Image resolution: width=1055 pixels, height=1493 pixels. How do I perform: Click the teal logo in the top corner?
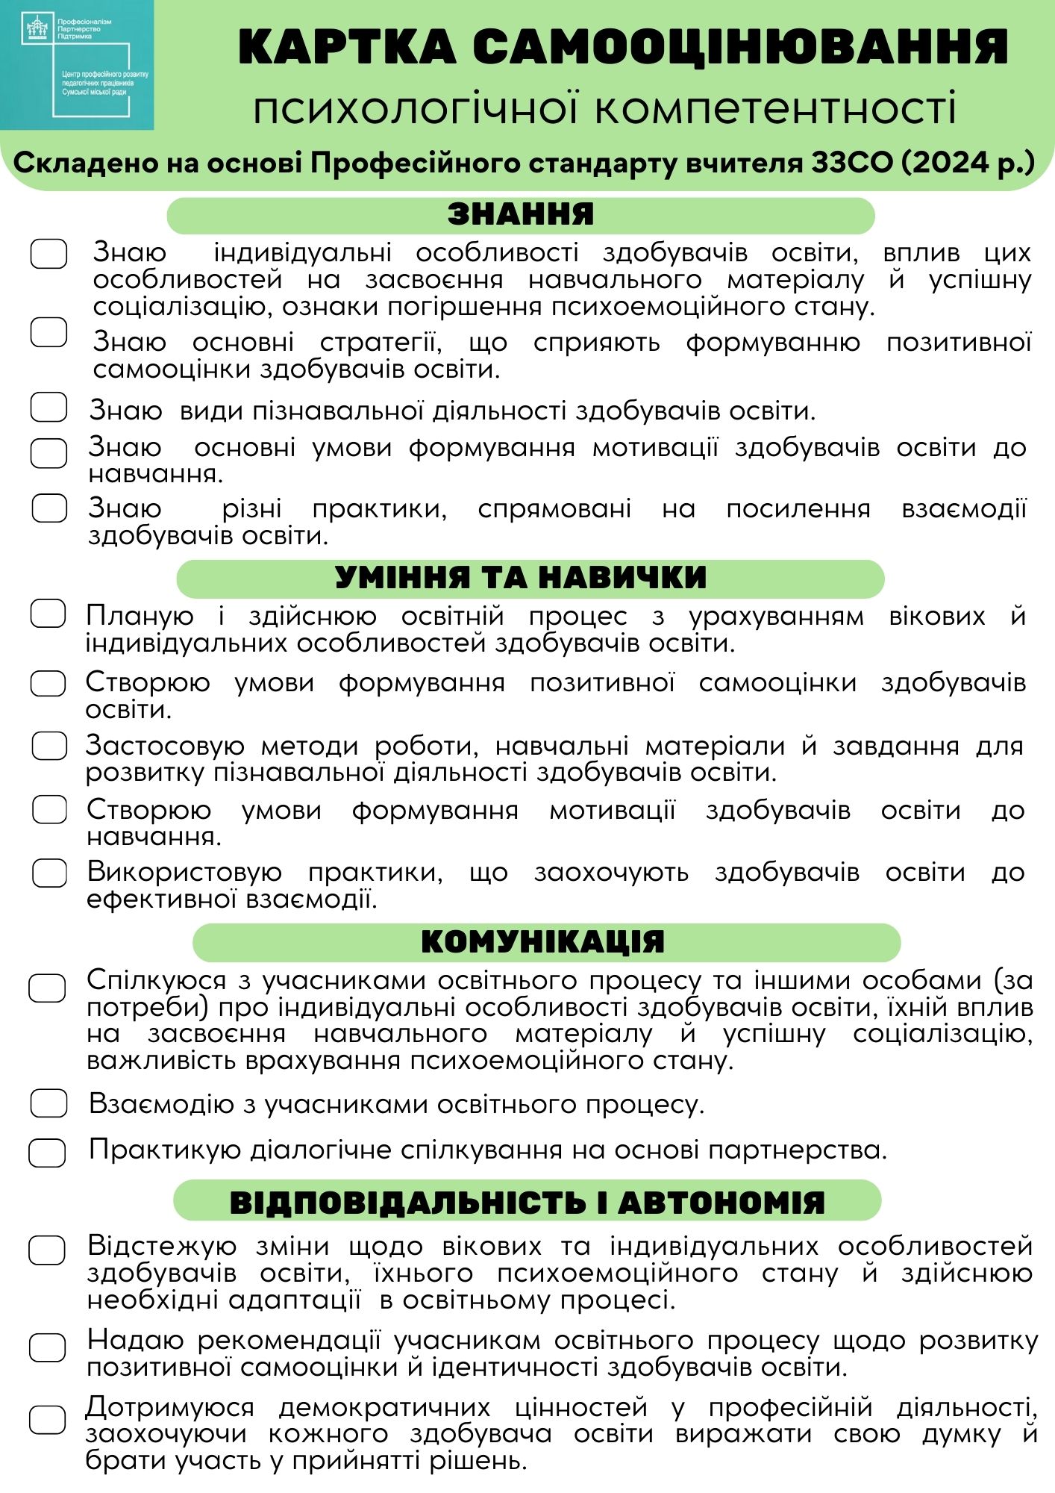(77, 65)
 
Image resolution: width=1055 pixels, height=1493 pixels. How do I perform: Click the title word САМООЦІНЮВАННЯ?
(740, 47)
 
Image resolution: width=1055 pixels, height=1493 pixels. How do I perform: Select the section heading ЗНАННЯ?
(520, 215)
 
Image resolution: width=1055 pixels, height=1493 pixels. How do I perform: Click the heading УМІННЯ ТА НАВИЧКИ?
(520, 578)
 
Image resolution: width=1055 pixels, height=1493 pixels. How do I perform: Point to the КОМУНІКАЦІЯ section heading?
(542, 942)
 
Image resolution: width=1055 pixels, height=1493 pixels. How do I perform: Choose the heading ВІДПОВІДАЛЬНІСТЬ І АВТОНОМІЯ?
(527, 1203)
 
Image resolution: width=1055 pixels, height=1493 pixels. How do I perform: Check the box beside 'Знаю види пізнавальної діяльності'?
(48, 408)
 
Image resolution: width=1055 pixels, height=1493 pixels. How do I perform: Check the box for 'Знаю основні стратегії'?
(48, 332)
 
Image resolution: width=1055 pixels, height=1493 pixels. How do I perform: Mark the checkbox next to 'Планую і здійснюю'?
(48, 614)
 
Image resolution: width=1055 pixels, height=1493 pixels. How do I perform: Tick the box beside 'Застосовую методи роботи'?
(49, 746)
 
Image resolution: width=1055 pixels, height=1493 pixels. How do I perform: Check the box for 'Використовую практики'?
(49, 873)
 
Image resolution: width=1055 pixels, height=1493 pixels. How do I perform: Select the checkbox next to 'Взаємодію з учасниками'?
(48, 1103)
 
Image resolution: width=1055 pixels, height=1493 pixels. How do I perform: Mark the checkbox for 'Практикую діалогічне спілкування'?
(47, 1152)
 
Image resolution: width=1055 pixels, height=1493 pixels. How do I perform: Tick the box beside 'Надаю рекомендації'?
(47, 1347)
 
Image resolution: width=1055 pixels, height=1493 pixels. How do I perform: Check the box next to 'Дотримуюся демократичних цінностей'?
(47, 1420)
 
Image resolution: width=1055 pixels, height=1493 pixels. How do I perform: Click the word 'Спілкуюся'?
(156, 980)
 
